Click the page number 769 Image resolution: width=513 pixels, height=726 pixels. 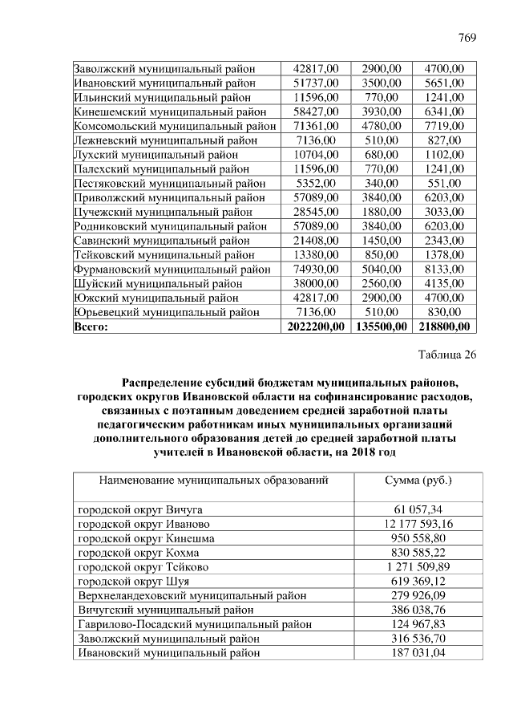pyautogui.click(x=467, y=39)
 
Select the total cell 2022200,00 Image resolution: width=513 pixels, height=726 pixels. pyautogui.click(x=316, y=326)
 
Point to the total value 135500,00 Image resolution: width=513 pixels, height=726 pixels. pyautogui.click(x=381, y=326)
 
